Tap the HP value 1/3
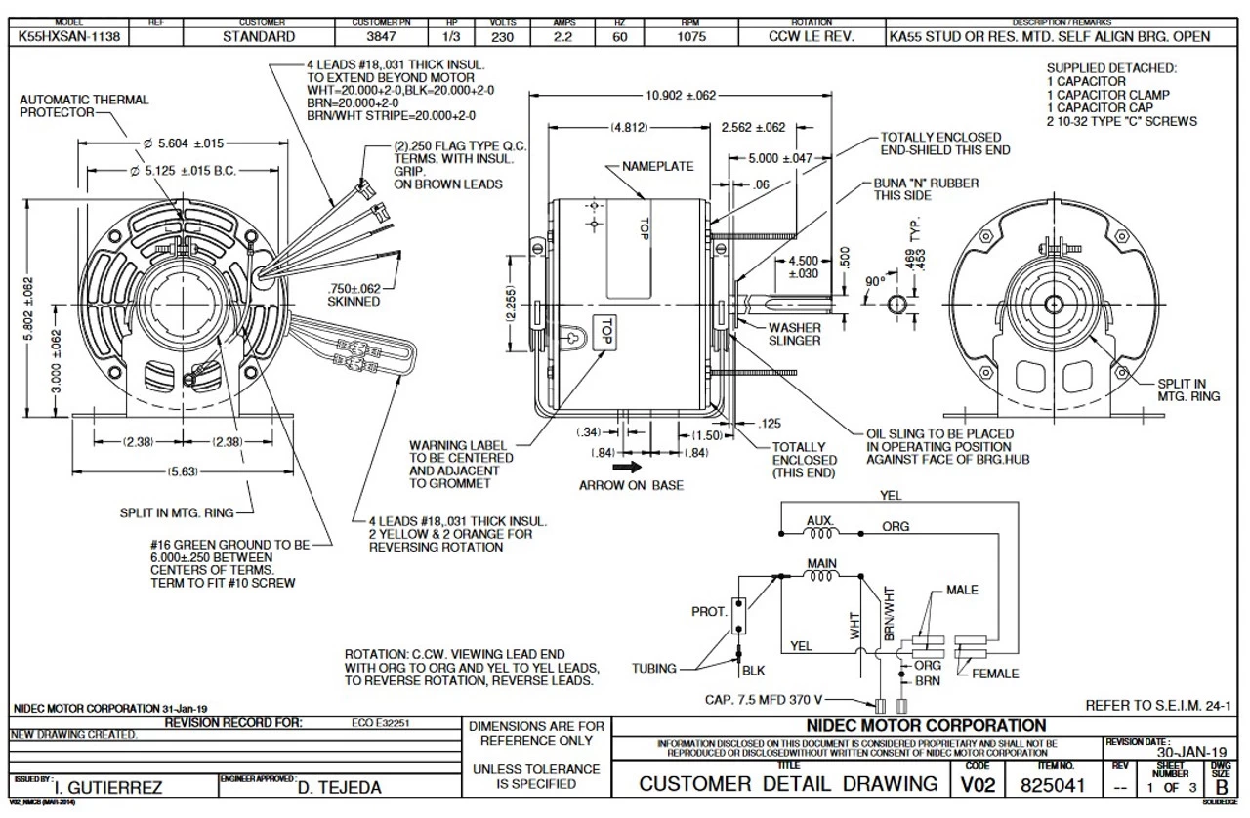coord(451,37)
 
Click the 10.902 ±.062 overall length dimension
coord(681,95)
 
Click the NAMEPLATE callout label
coord(658,167)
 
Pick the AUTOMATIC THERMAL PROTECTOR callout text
coord(84,105)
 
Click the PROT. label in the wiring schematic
coord(709,612)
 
